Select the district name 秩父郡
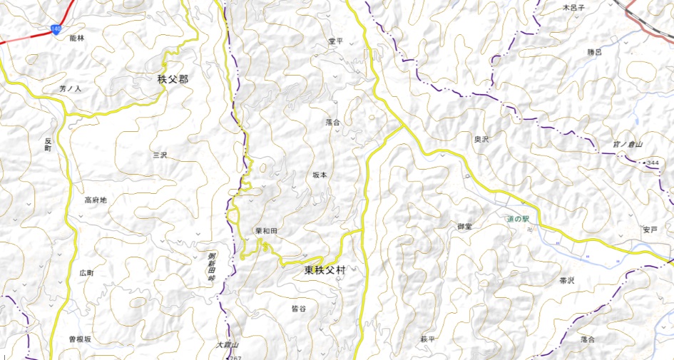coord(173,79)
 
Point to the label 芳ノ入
coord(71,89)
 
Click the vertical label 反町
coord(48,144)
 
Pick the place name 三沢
coord(159,154)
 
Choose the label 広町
coord(87,273)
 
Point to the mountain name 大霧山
coord(226,345)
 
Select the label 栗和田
coord(265,232)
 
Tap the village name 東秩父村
coord(325,270)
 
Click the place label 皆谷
coord(299,309)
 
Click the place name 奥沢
coord(482,140)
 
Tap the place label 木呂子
coord(573,7)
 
